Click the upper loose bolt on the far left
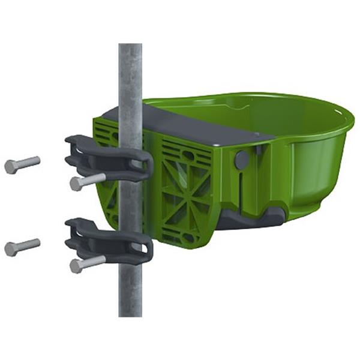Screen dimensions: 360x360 (x=22, y=164)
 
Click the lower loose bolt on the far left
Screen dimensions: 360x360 (x=22, y=246)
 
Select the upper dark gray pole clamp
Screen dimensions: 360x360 (x=108, y=158)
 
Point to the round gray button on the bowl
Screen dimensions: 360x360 (x=242, y=160)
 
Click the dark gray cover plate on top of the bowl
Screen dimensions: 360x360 (x=198, y=128)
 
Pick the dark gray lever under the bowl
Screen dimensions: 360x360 (x=252, y=217)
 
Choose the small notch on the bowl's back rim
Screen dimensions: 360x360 (x=239, y=109)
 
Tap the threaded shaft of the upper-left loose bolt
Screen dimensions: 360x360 (x=29, y=162)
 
